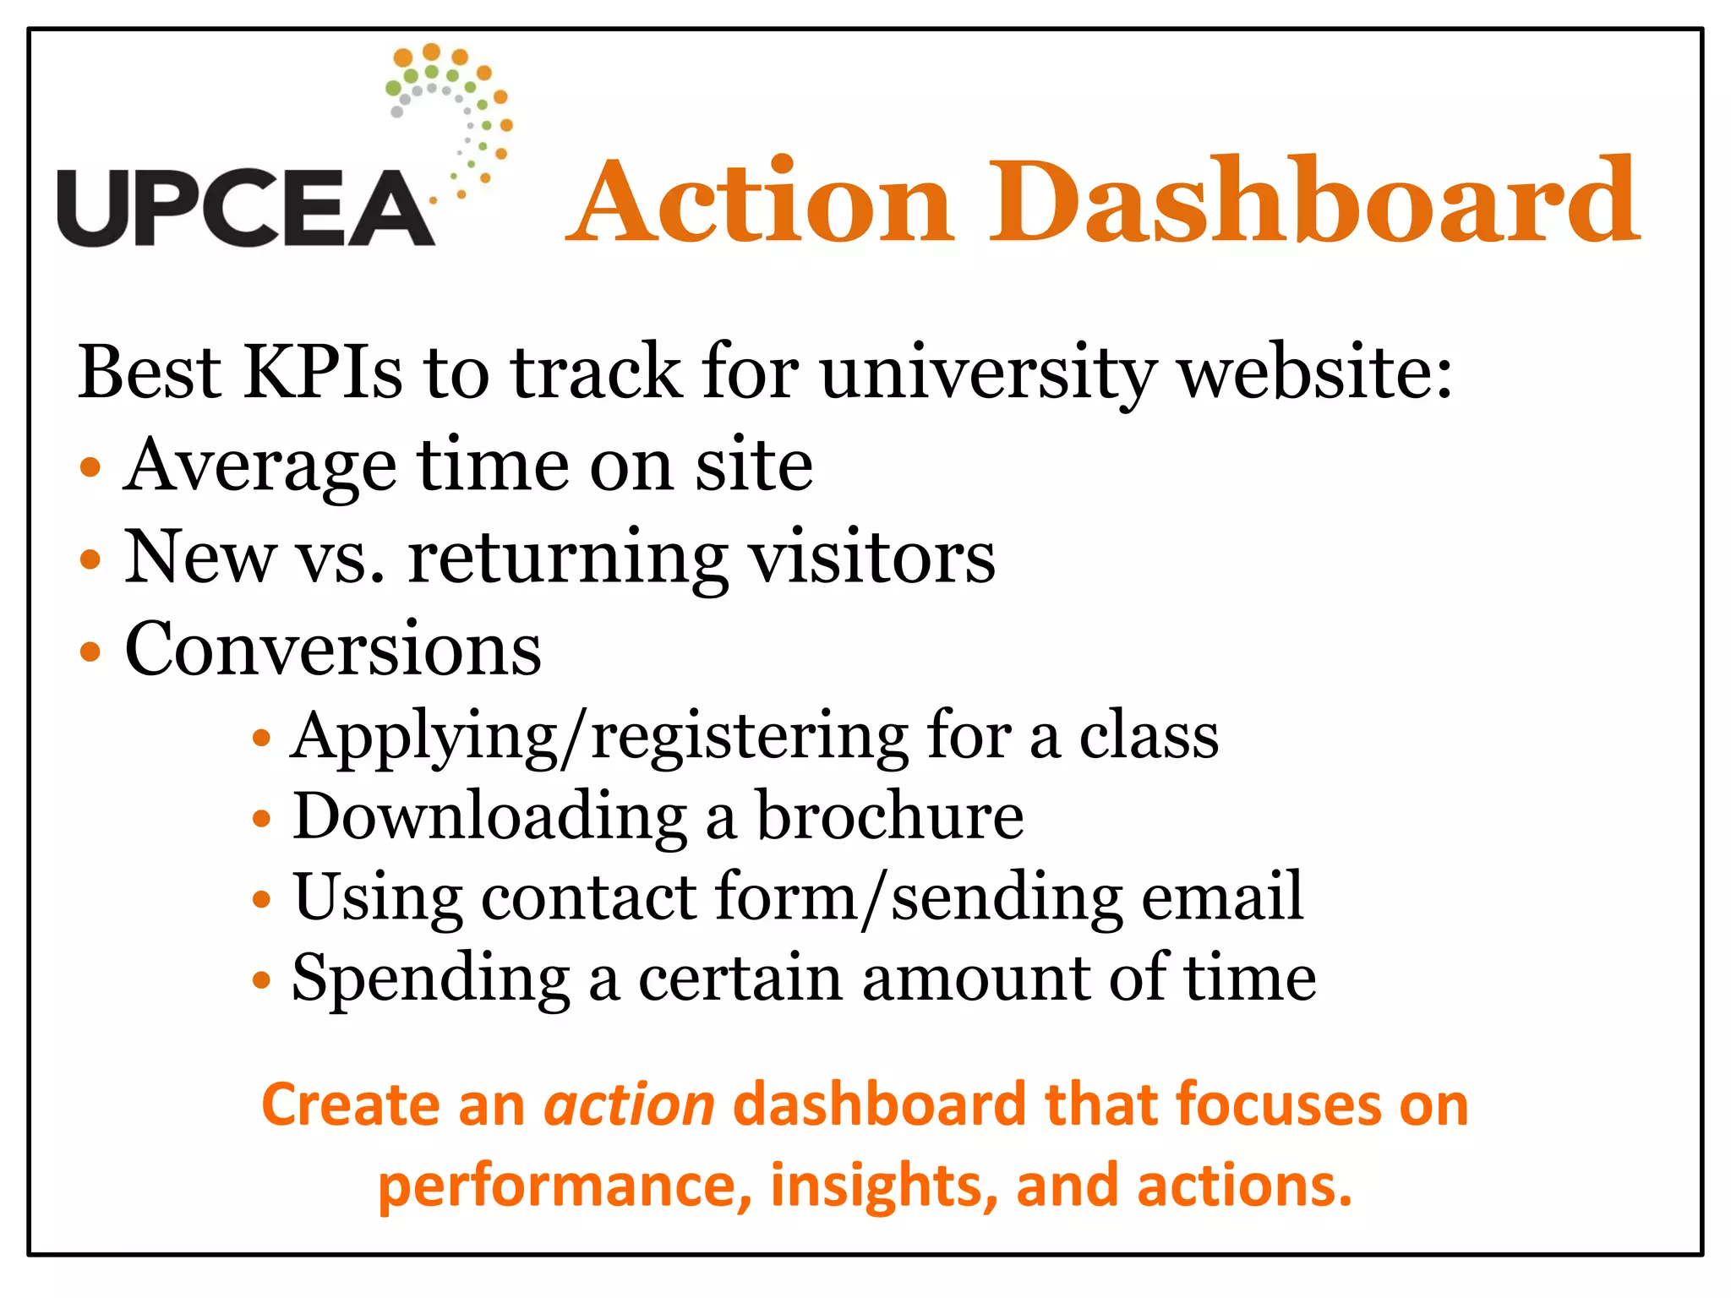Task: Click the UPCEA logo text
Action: pyautogui.click(x=245, y=208)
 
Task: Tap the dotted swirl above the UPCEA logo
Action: pyautogui.click(x=452, y=110)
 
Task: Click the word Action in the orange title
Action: pyautogui.click(x=761, y=203)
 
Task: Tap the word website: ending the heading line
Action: pyautogui.click(x=1315, y=372)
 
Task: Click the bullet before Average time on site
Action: pyautogui.click(x=90, y=467)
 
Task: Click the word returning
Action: pyautogui.click(x=566, y=559)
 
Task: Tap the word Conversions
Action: pyautogui.click(x=333, y=649)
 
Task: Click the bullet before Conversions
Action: pyautogui.click(x=90, y=652)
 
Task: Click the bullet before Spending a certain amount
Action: pyautogui.click(x=262, y=980)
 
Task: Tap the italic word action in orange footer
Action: pyautogui.click(x=630, y=1105)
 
